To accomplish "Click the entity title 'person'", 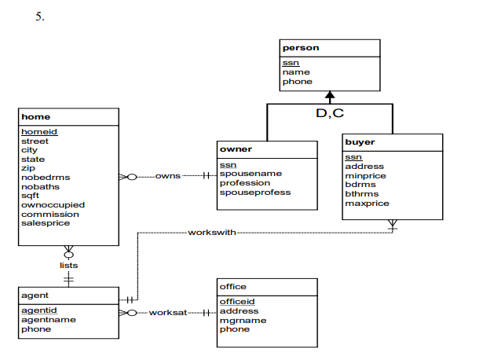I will click(301, 49).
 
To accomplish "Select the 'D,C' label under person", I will click(330, 115).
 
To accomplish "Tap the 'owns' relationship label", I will click(167, 175).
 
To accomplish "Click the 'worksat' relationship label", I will click(168, 313).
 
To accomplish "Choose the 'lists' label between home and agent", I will click(68, 266).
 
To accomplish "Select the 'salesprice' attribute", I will click(46, 223).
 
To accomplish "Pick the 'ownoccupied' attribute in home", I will click(53, 204).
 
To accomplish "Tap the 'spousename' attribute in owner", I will click(251, 174).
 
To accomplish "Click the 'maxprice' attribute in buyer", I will click(367, 204).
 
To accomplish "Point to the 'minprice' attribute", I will click(366, 176).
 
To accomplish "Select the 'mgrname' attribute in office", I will click(243, 321).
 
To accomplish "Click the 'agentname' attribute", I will click(48, 320).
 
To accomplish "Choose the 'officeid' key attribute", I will click(237, 302).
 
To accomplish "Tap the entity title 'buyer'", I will click(360, 143).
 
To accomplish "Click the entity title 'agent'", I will click(37, 296).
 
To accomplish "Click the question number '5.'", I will click(39, 17).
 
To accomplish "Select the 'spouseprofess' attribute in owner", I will click(255, 193).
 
